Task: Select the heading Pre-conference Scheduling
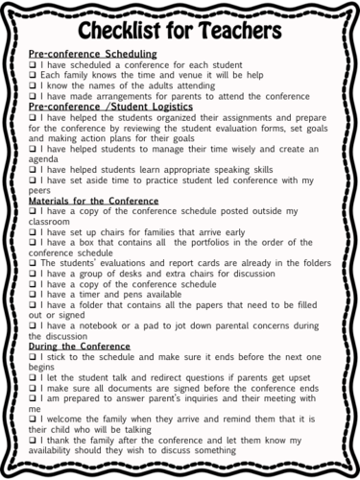pyautogui.click(x=92, y=55)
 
